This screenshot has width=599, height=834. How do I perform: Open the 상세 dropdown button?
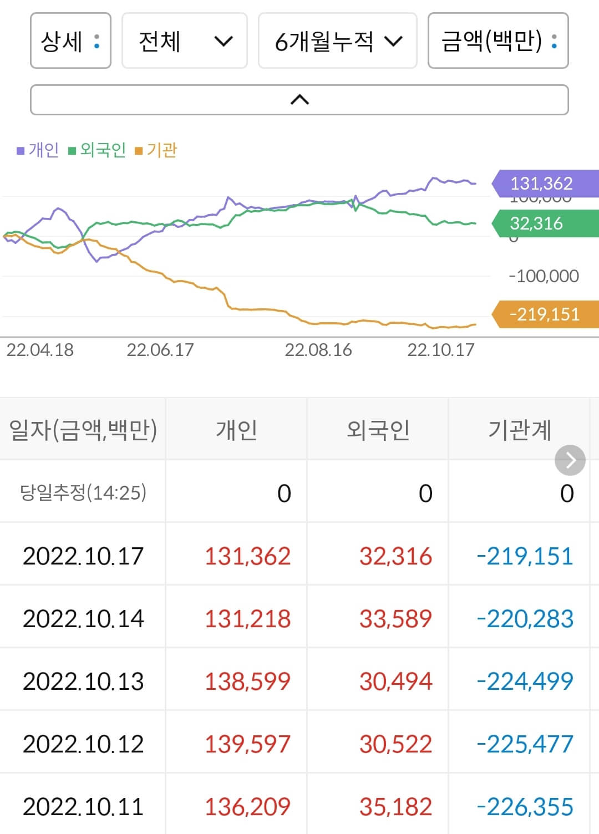click(70, 41)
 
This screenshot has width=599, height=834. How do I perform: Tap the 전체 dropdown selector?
click(184, 41)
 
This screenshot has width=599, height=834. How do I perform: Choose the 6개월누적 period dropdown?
click(337, 41)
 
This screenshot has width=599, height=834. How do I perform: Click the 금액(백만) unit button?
click(498, 41)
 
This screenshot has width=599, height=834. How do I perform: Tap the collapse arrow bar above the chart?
click(299, 100)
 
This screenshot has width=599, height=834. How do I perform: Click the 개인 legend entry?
click(38, 150)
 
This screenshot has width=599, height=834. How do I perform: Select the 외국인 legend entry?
click(97, 150)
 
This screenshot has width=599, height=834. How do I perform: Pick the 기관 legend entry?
click(156, 150)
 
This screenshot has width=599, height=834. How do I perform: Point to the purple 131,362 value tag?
click(544, 183)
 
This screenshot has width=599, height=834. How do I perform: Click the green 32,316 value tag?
click(544, 223)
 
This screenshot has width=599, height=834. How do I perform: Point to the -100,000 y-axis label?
click(544, 276)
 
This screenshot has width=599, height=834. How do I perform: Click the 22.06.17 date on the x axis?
click(160, 350)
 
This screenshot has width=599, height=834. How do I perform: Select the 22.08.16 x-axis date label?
click(318, 350)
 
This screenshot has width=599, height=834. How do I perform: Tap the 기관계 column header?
click(519, 430)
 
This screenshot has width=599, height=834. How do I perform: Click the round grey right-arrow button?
click(570, 460)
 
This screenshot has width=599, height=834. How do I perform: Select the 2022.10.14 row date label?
click(83, 619)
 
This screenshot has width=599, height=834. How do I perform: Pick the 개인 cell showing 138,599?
click(247, 682)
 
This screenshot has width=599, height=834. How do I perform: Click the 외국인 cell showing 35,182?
click(395, 807)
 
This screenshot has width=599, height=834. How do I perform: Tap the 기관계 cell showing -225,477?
click(525, 744)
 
